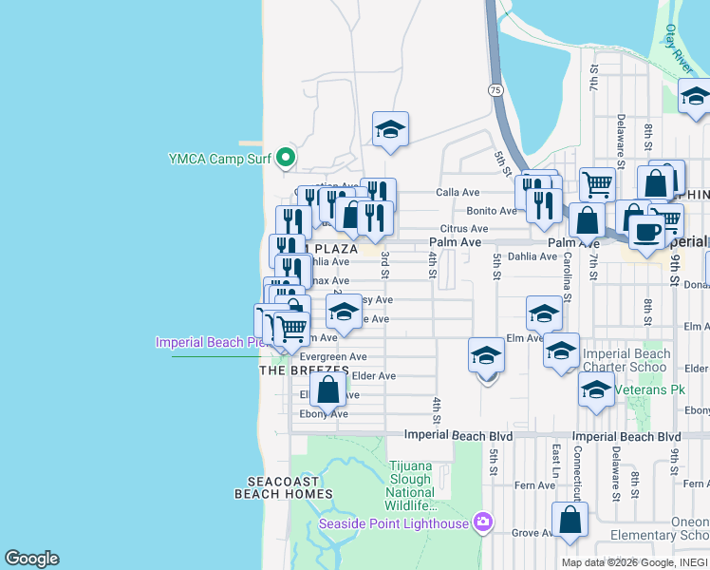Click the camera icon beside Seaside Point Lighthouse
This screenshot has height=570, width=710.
(x=483, y=522)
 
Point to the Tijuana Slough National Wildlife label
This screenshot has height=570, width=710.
(x=411, y=485)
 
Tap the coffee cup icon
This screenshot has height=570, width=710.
(x=646, y=231)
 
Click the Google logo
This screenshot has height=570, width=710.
(x=31, y=559)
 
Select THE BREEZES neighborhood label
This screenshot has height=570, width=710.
(x=298, y=370)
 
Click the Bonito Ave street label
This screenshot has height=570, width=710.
(x=490, y=211)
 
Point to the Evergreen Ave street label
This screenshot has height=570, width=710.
(x=332, y=356)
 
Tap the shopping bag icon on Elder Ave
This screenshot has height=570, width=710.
(x=327, y=389)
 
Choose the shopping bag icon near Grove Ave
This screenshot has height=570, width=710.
(x=570, y=521)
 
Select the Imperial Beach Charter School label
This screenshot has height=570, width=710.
(x=626, y=360)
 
